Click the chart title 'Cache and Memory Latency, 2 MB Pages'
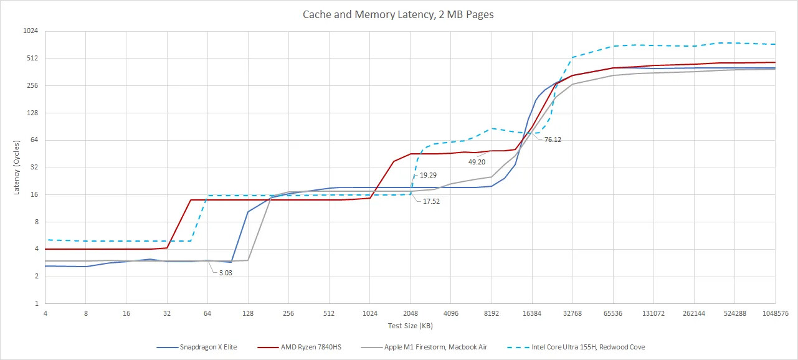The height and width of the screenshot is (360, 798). click(398, 14)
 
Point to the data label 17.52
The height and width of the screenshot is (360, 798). click(432, 201)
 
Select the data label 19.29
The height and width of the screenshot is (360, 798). click(428, 176)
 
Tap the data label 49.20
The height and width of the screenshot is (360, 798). click(477, 161)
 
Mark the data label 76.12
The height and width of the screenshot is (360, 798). click(553, 140)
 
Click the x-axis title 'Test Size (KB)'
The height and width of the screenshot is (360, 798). click(409, 326)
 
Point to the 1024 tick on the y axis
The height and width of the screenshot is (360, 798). click(31, 31)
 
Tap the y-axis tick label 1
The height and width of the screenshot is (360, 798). click(36, 304)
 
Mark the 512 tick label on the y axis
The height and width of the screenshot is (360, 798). click(32, 59)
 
